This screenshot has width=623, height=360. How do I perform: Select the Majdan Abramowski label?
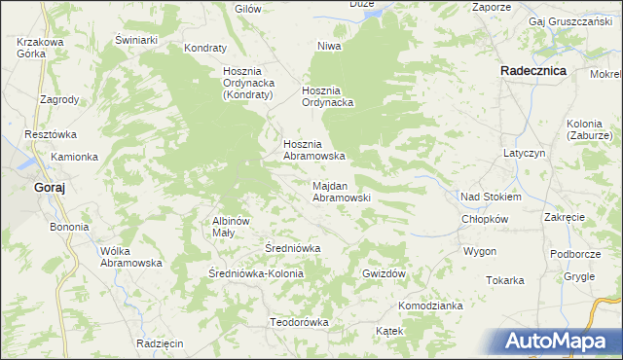pyautogui.click(x=341, y=191)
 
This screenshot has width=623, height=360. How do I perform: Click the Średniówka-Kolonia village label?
pyautogui.click(x=257, y=273)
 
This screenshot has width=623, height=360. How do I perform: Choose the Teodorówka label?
pyautogui.click(x=299, y=322)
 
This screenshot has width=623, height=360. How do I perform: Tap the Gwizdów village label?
pyautogui.click(x=383, y=273)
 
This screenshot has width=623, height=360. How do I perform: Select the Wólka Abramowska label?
pyautogui.click(x=130, y=257)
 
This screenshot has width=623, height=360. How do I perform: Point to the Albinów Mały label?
pyautogui.click(x=232, y=227)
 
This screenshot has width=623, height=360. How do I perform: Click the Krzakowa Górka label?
pyautogui.click(x=40, y=48)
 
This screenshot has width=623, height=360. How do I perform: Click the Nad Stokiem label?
pyautogui.click(x=491, y=197)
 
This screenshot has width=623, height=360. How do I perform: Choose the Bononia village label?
pyautogui.click(x=69, y=227)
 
